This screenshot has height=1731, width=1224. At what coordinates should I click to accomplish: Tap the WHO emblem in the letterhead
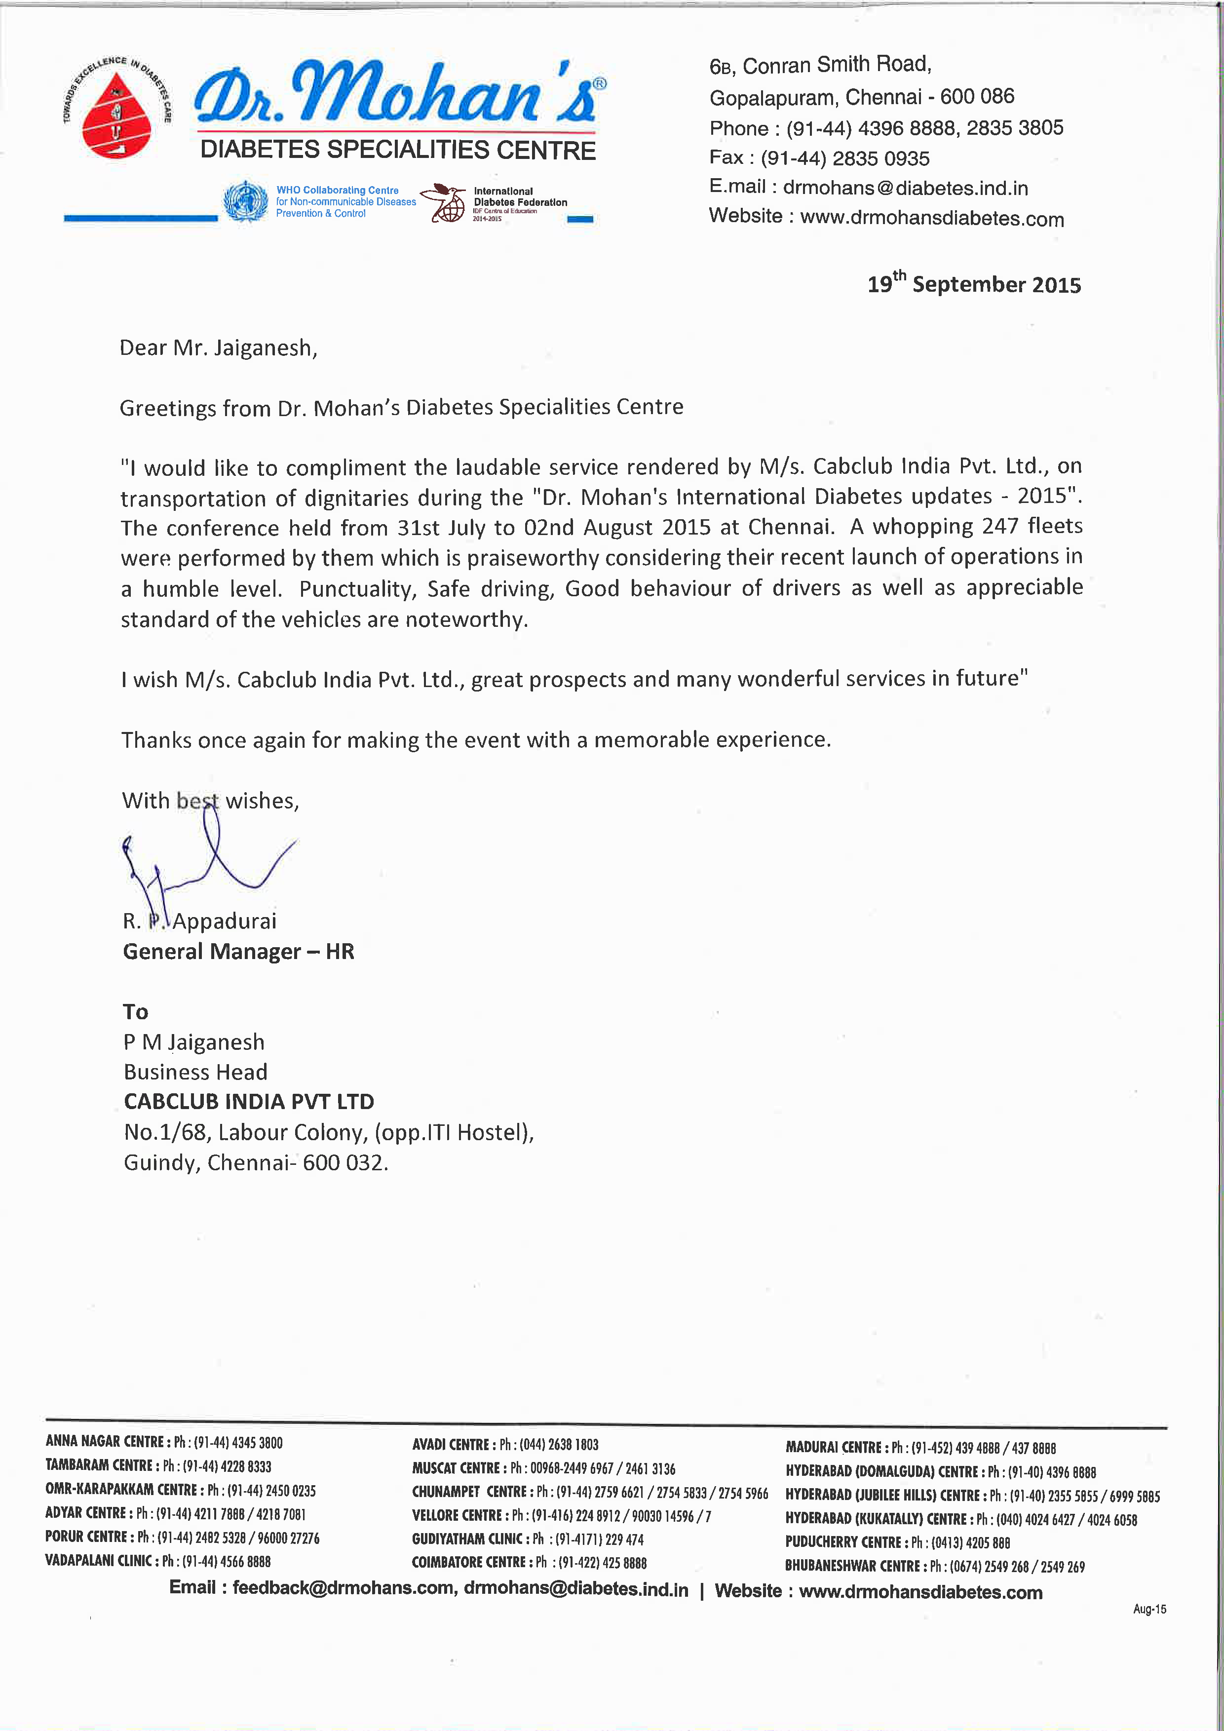pos(246,201)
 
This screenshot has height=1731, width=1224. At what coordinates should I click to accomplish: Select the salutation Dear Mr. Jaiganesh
pos(218,348)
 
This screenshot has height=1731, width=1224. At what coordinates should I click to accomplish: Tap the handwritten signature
pos(203,867)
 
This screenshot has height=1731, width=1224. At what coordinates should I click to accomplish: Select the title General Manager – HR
pos(238,952)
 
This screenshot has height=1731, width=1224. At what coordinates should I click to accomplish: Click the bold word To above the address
pos(136,1012)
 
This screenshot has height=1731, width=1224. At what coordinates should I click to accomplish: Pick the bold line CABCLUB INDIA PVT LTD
pos(249,1102)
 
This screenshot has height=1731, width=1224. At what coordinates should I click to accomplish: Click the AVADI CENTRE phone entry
pos(505,1445)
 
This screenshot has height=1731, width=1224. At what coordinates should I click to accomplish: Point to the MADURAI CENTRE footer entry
pos(920,1448)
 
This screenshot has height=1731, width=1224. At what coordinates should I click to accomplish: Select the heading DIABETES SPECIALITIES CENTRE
pos(398,150)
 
